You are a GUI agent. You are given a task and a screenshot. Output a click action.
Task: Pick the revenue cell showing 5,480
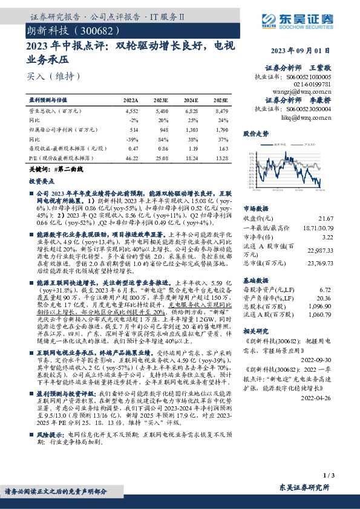click(161, 111)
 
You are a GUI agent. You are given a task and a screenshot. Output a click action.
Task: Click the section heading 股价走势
click(255, 132)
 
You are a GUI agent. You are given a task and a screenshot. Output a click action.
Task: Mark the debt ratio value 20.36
click(324, 298)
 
